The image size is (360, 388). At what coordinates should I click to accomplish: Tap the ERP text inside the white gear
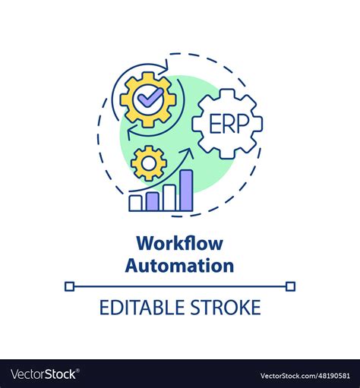click(x=226, y=122)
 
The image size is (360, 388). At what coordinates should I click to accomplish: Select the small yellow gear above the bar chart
click(x=148, y=162)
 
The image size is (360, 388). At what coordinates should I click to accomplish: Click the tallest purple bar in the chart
click(x=186, y=190)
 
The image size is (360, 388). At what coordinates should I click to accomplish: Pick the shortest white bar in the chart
click(x=135, y=203)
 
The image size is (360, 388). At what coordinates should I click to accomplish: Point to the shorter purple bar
click(x=152, y=201)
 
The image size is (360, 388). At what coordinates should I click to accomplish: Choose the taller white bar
click(x=169, y=197)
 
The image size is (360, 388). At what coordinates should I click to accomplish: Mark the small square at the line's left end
click(x=69, y=286)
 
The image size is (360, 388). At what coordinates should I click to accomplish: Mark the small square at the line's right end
click(x=291, y=286)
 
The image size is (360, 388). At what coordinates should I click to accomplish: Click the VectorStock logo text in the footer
click(x=43, y=374)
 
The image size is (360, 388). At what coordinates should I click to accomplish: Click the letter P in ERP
click(x=239, y=122)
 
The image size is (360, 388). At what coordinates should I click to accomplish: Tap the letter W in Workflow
click(x=144, y=245)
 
